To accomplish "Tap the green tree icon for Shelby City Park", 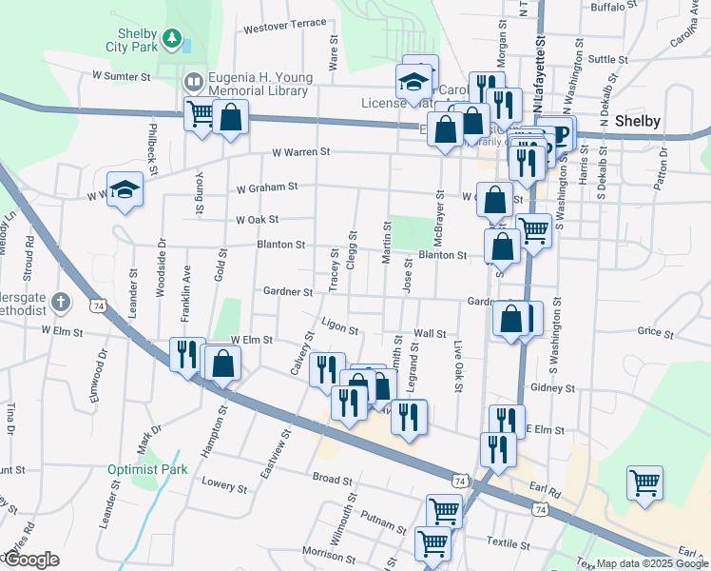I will click(x=172, y=38).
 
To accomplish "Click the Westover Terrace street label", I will click(x=284, y=27).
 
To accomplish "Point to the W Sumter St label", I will click(x=122, y=75).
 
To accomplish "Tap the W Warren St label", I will click(x=300, y=151).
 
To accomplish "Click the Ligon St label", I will click(x=339, y=329).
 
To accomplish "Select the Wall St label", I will click(x=431, y=334).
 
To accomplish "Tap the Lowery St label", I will click(x=224, y=484).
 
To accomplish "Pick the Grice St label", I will click(x=655, y=332).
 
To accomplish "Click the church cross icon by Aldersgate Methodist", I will click(x=60, y=303).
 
